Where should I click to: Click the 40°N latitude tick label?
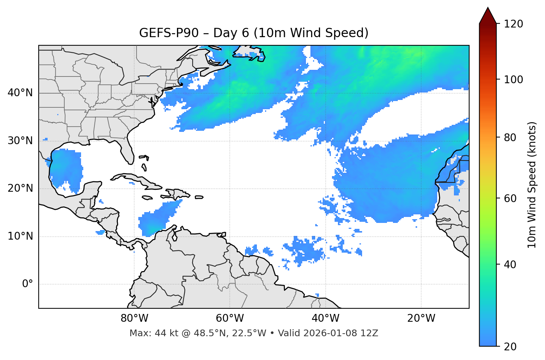pos(20,93)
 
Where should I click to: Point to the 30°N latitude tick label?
pos(20,141)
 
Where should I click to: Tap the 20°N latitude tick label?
pos(20,188)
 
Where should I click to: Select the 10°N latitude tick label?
pos(20,236)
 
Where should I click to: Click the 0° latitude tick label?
pos(28,284)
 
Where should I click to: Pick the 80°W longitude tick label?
pos(134,318)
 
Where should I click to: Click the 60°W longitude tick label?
pos(230,318)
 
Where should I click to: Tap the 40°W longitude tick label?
pos(325,318)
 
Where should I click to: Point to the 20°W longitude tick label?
pos(421,318)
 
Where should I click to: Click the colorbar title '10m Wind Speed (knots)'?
pos(532,185)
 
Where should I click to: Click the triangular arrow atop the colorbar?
pos(488,16)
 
